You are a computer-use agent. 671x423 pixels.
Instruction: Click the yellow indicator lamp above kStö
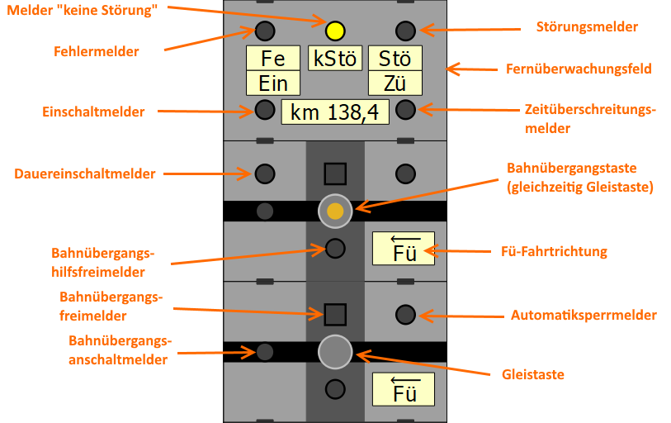pos(334,31)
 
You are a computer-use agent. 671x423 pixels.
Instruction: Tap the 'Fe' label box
pos(273,59)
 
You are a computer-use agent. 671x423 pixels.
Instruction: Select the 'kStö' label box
pos(334,59)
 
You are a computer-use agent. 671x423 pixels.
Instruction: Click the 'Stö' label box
pos(395,59)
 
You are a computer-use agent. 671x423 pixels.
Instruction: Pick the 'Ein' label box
pos(273,83)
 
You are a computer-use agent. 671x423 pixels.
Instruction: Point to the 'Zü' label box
pos(395,83)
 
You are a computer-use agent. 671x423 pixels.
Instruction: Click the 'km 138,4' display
pos(334,112)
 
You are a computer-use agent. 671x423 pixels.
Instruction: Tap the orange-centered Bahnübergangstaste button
pos(335,211)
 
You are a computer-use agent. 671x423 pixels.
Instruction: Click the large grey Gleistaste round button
pos(335,352)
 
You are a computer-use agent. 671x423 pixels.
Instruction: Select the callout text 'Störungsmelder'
pos(593,27)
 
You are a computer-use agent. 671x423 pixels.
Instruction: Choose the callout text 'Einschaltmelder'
pos(94,112)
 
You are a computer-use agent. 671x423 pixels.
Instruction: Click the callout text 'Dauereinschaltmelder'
pos(86,173)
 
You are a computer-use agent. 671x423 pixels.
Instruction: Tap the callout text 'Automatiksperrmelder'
pos(584,315)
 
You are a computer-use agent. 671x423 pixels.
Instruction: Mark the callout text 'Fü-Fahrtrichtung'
pos(555,251)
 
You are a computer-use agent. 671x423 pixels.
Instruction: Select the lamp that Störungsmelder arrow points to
pos(404,31)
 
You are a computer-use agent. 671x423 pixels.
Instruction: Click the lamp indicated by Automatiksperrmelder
pos(404,314)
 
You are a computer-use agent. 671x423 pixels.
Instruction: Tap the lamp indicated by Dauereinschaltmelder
pos(264,173)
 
